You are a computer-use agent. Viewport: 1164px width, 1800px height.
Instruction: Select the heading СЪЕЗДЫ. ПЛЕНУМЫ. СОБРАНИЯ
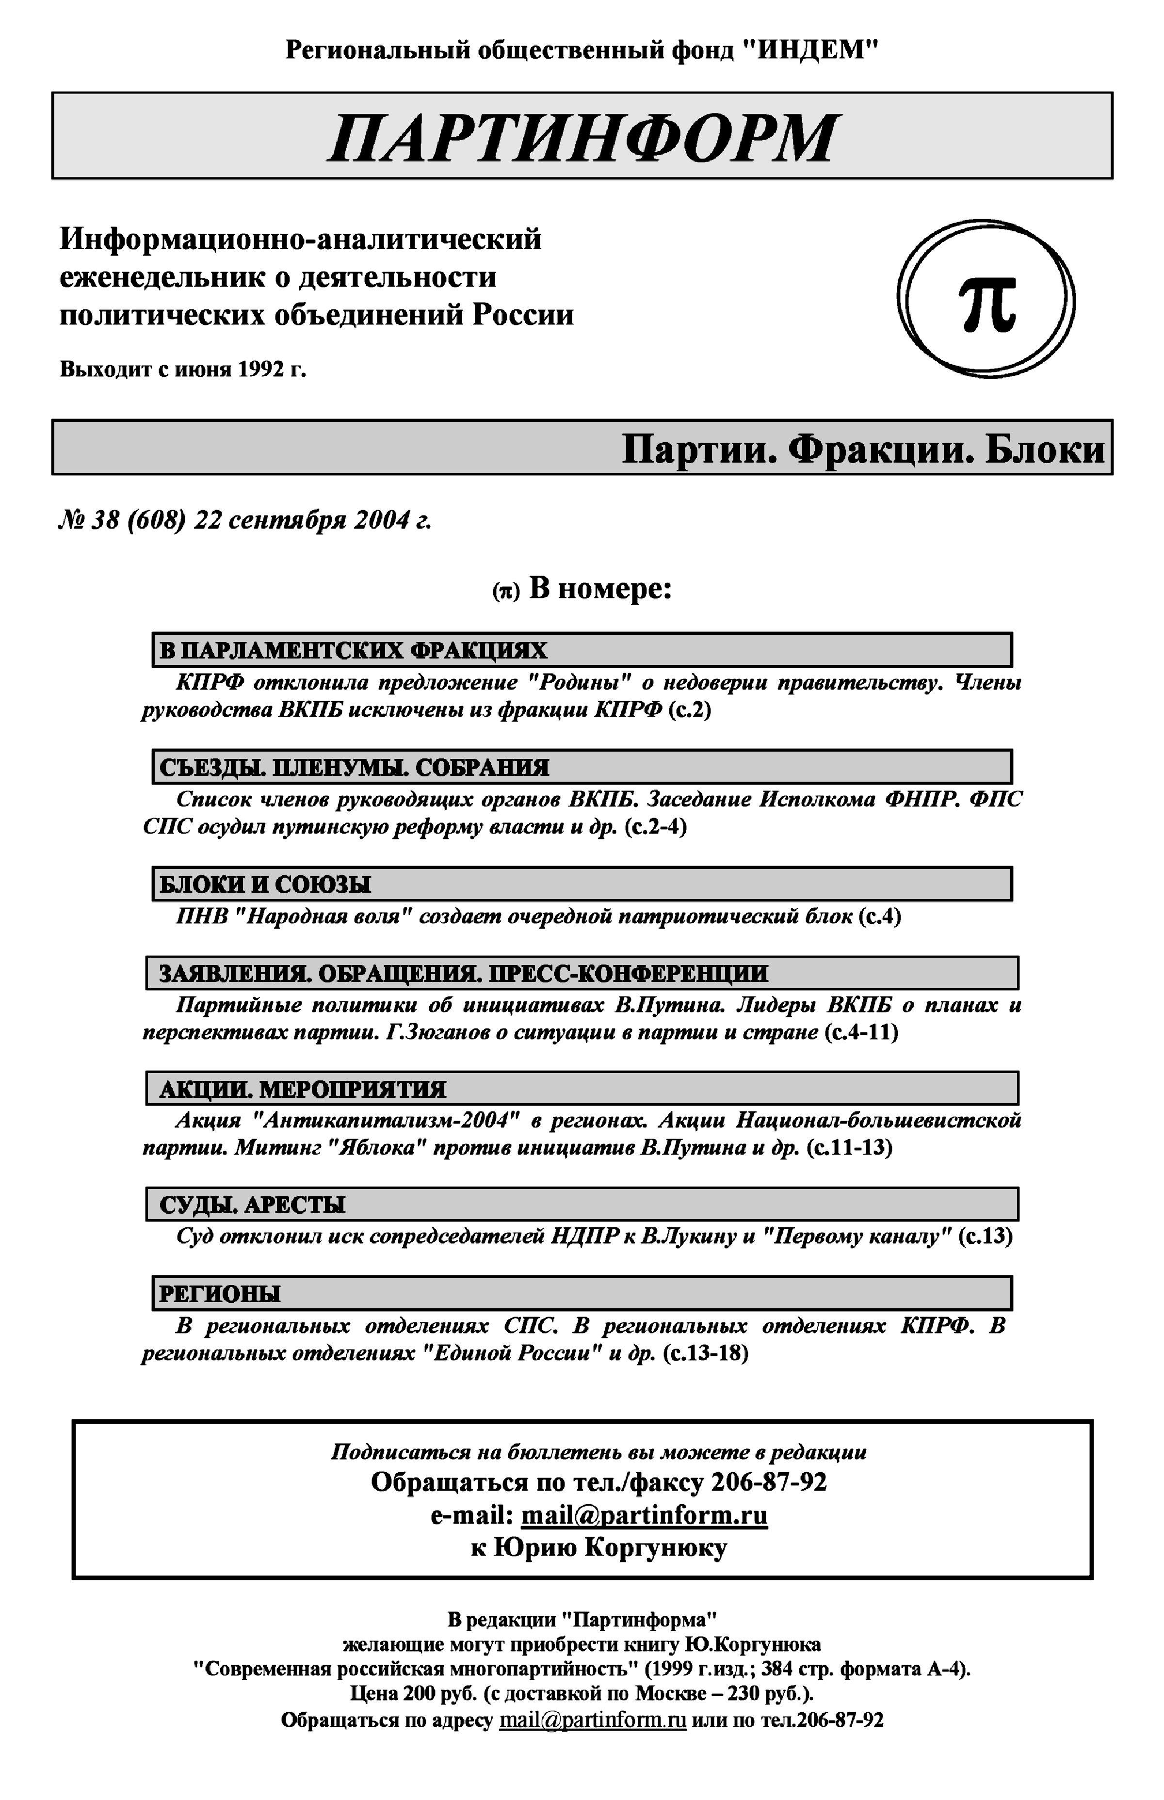pyautogui.click(x=354, y=768)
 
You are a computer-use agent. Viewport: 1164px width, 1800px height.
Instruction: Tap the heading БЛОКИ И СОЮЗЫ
pyautogui.click(x=265, y=885)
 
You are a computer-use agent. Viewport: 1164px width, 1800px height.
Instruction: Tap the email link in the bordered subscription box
pyautogui.click(x=644, y=1516)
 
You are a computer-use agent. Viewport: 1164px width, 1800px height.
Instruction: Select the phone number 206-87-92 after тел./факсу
pyautogui.click(x=769, y=1482)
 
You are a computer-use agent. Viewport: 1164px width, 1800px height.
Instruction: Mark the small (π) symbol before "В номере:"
pyautogui.click(x=506, y=592)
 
